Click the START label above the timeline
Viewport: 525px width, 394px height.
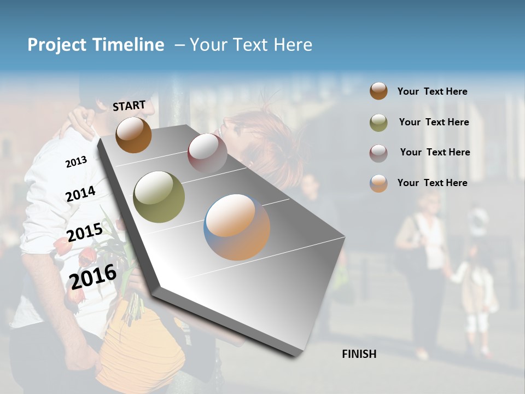point(129,106)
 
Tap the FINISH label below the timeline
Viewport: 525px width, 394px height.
point(359,354)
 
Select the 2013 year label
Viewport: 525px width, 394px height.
point(76,161)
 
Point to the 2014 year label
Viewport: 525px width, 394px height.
point(80,194)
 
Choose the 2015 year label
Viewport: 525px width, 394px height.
point(84,233)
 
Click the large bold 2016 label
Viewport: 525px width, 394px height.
point(93,276)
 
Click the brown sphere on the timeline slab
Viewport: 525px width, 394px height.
point(133,135)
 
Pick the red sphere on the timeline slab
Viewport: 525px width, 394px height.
point(207,153)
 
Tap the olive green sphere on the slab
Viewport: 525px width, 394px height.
point(159,197)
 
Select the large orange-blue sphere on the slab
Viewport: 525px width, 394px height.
point(237,227)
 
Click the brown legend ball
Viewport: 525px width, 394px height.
point(378,91)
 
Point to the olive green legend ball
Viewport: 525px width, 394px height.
point(378,123)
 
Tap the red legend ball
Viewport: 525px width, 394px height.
point(378,153)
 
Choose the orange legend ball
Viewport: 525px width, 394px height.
point(378,183)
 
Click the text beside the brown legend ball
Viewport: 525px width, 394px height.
point(432,91)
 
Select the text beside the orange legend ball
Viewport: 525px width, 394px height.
point(432,183)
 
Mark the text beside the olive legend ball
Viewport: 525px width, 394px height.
point(434,122)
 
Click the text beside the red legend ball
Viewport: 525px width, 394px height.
point(435,152)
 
